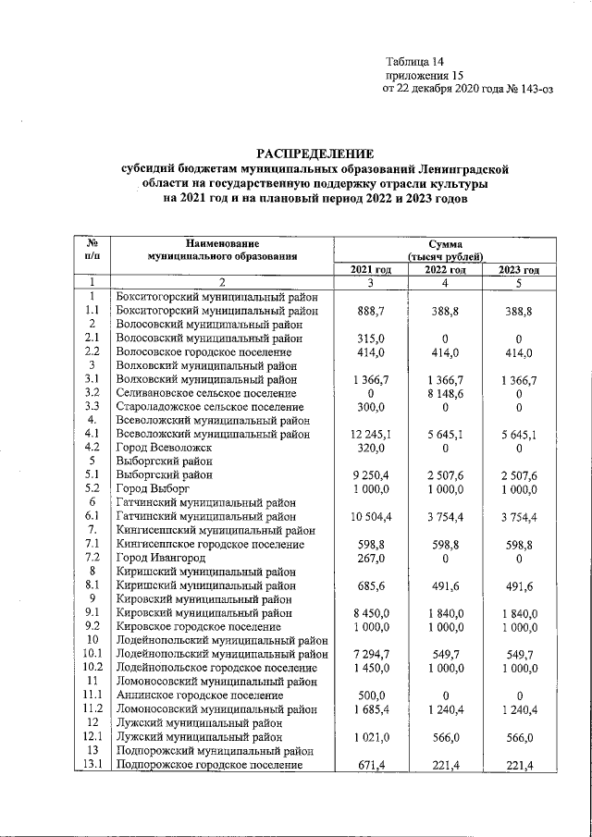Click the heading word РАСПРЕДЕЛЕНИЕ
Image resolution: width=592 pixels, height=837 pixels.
coord(315,153)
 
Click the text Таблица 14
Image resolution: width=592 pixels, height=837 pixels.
coord(415,61)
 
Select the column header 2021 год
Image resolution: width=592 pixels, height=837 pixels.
coord(371,269)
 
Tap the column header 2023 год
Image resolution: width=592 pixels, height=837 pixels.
coord(519,269)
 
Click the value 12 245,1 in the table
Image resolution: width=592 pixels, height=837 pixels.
coord(371,433)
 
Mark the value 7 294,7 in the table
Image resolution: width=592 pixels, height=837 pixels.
coord(371,653)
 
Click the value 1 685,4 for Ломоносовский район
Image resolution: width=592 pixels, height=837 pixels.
coord(371,708)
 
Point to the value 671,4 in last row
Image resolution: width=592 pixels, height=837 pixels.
coord(371,765)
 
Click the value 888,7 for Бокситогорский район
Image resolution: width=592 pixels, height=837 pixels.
coord(371,312)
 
